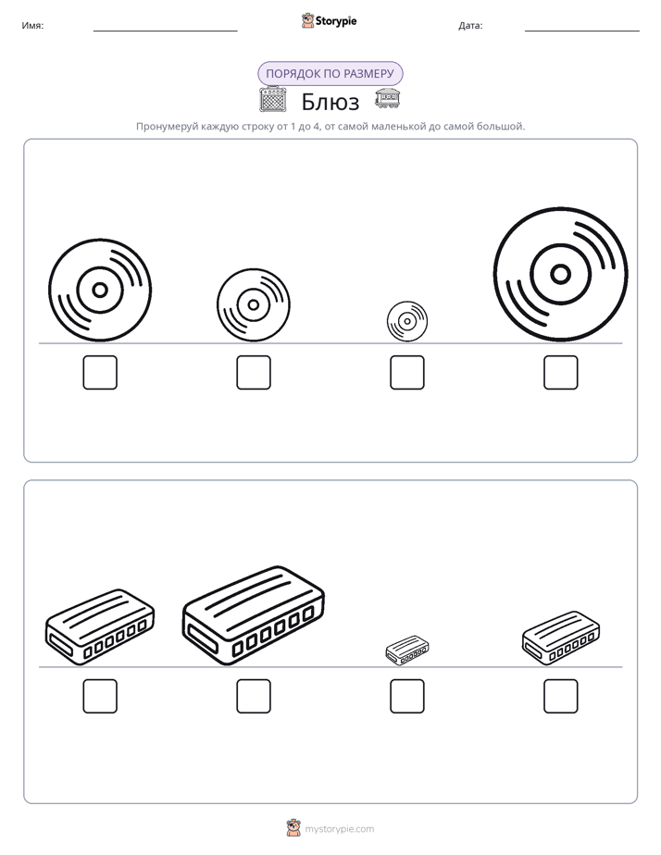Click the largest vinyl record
561,274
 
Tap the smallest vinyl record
406,322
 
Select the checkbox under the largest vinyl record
561,372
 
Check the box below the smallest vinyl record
406,372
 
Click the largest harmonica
253,615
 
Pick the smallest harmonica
406,650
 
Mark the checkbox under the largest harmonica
254,697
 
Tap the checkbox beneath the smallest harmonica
406,697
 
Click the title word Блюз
330,102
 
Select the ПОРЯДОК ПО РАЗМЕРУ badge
330,74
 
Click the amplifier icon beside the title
273,99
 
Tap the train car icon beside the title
388,98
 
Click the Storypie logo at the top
329,20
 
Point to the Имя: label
32,26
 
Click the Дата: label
470,26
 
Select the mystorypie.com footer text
339,829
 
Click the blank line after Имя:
165,31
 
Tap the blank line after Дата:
582,31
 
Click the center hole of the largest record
561,274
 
